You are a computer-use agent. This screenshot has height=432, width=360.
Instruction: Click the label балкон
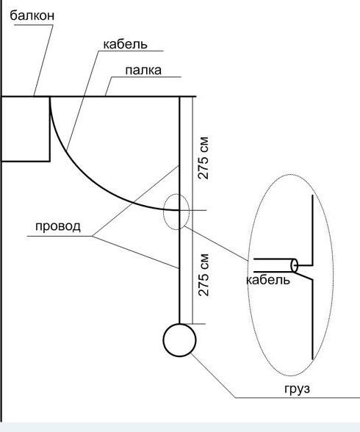click(32, 15)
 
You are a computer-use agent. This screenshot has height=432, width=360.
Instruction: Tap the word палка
click(143, 71)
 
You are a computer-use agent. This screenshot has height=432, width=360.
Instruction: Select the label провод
click(58, 226)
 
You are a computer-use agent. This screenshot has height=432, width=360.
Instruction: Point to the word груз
click(298, 389)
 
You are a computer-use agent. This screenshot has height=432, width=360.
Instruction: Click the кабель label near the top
click(126, 44)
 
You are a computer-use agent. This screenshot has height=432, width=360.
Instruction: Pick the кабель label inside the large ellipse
click(268, 280)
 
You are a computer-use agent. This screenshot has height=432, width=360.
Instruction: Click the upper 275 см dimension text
click(204, 158)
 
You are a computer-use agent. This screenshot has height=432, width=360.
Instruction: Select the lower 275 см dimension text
click(204, 275)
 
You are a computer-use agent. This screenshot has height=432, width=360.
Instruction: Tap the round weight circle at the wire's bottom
click(179, 324)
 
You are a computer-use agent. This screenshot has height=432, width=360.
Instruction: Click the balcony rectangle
click(50, 129)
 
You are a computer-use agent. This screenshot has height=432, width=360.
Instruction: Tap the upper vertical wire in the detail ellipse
click(313, 230)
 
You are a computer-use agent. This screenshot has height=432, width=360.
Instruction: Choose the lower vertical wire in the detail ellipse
click(312, 320)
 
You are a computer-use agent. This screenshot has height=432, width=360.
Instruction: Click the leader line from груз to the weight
click(213, 375)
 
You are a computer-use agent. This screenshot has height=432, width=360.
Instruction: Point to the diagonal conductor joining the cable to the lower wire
click(305, 276)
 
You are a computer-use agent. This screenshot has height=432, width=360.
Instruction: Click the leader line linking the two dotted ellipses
click(216, 243)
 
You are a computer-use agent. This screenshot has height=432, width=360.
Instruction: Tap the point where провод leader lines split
click(93, 236)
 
